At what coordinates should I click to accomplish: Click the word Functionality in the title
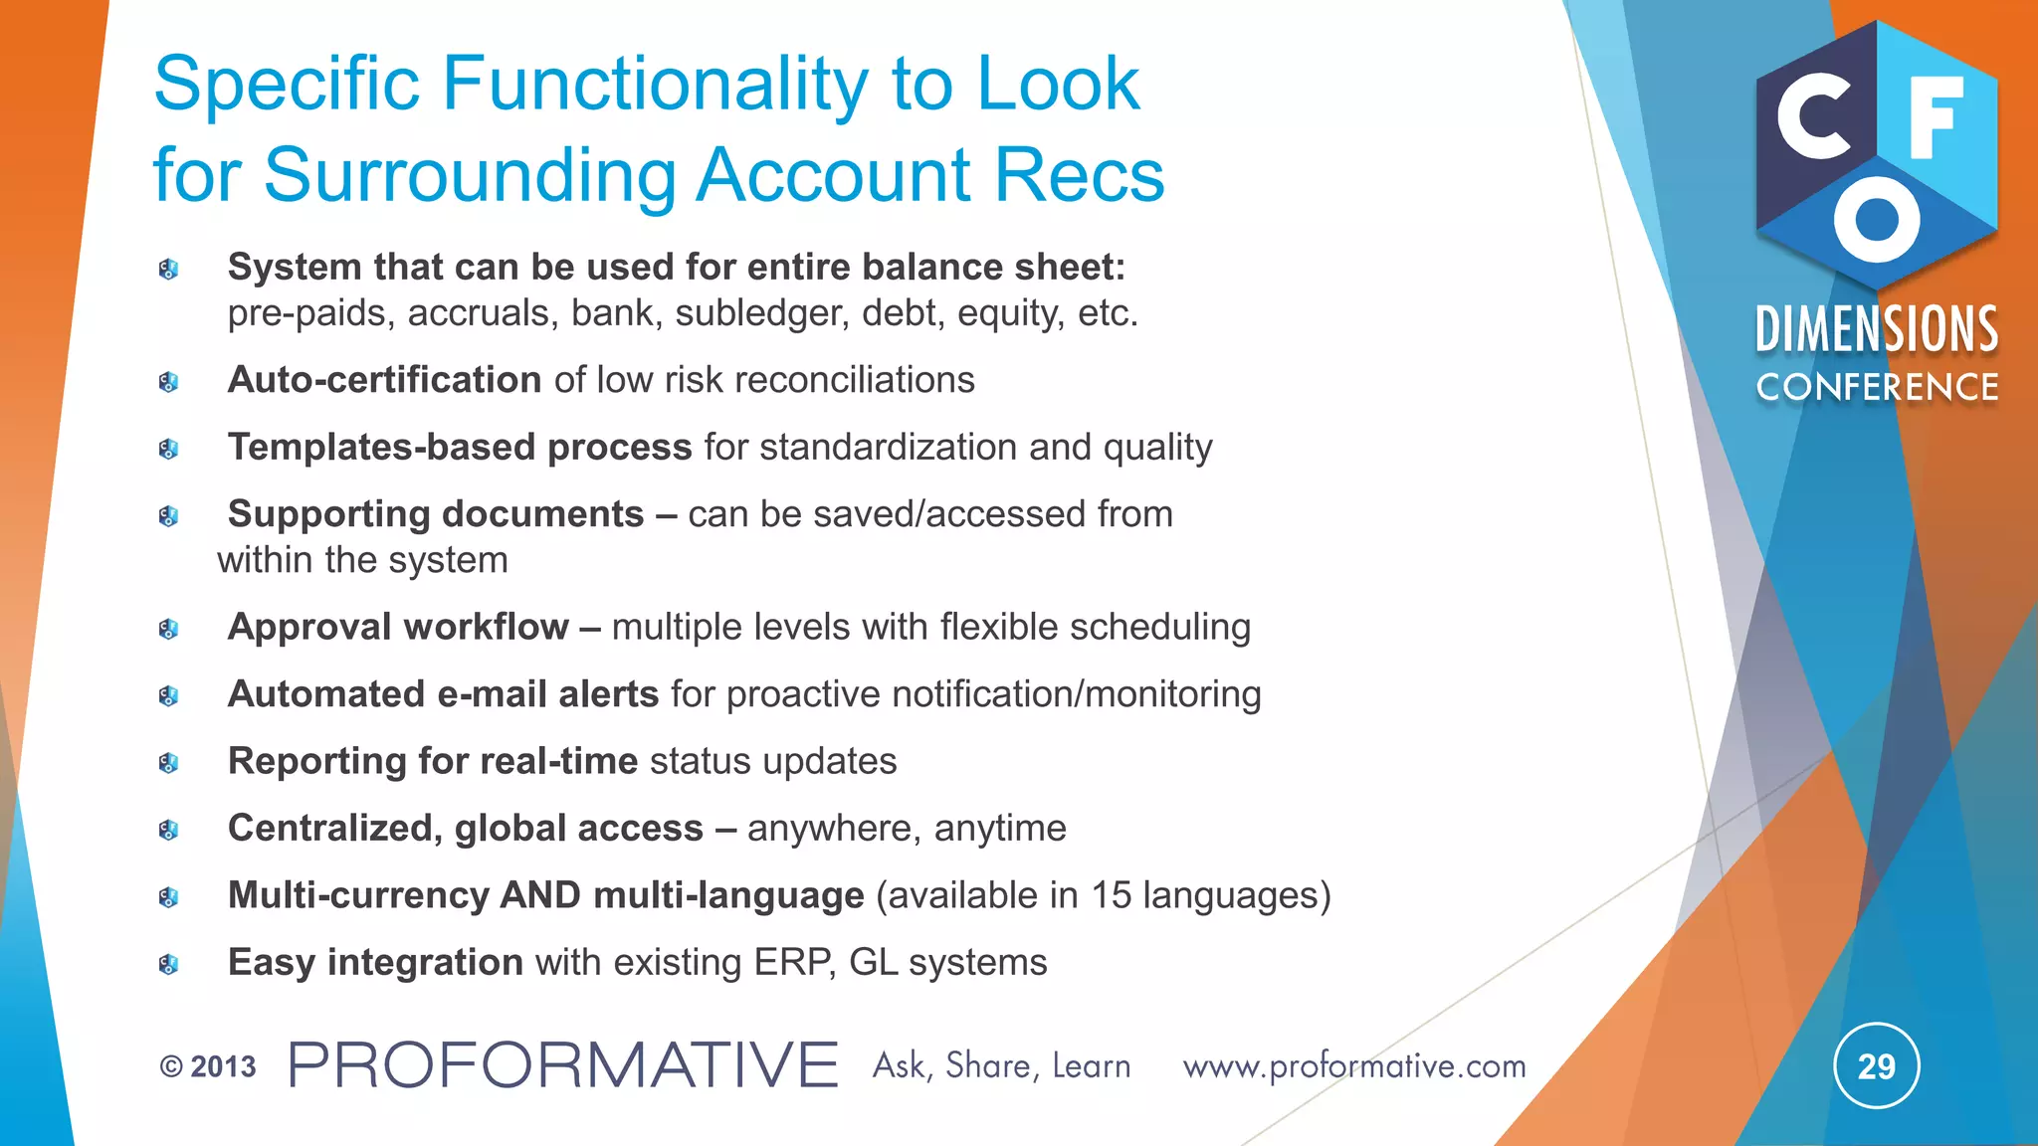[655, 84]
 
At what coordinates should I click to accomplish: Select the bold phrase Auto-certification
[384, 380]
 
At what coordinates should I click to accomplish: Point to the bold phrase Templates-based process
[460, 448]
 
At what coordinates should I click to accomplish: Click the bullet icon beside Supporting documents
[168, 515]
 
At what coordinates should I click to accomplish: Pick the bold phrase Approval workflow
[398, 627]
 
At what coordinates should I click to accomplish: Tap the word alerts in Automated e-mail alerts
[609, 694]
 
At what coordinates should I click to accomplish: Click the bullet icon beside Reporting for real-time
[168, 763]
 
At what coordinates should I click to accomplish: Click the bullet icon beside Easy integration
[168, 964]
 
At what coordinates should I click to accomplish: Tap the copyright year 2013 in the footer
[223, 1067]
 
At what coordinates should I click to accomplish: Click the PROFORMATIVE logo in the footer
[563, 1065]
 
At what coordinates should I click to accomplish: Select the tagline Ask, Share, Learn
[1001, 1066]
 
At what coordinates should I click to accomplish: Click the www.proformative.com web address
[1354, 1066]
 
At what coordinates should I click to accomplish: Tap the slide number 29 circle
[1876, 1066]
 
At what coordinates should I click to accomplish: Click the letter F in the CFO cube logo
[1936, 116]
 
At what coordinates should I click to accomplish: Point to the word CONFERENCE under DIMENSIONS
[1877, 387]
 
